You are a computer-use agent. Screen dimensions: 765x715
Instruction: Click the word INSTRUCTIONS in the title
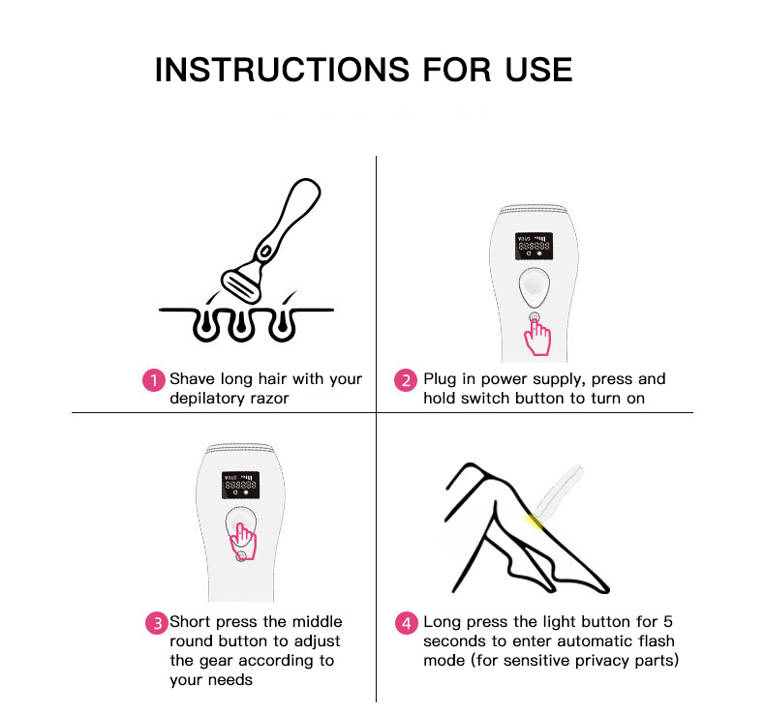(282, 70)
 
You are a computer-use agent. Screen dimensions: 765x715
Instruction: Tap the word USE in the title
(538, 70)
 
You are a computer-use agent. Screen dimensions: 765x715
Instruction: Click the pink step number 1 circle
(154, 380)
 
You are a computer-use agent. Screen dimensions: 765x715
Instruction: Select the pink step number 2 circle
(406, 380)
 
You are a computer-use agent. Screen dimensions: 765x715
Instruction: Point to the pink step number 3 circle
(157, 623)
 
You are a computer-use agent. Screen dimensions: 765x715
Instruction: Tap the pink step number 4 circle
(407, 623)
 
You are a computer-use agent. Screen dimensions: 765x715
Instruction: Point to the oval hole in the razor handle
(265, 252)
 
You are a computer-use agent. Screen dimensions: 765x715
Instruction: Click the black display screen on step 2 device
(534, 246)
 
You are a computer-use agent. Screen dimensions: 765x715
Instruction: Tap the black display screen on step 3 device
(240, 485)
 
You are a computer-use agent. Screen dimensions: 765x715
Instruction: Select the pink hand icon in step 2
(537, 337)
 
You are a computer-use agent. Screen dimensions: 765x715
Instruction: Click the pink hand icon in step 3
(243, 541)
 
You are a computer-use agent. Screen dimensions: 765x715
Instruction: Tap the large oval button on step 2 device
(535, 287)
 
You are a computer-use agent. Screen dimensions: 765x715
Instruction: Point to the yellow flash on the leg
(534, 522)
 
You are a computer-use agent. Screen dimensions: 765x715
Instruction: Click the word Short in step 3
(190, 622)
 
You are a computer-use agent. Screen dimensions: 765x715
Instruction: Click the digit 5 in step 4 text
(668, 622)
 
